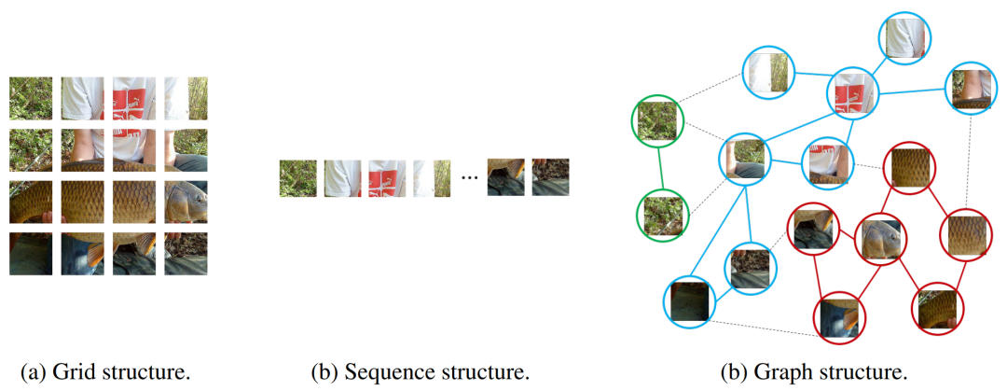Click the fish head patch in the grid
(186, 201)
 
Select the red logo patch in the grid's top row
(134, 97)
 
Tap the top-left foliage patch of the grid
(31, 97)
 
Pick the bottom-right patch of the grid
(186, 252)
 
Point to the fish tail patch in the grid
(31, 201)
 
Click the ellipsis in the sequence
(470, 177)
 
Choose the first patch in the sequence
(298, 177)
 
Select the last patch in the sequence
(550, 177)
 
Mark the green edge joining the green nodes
(660, 168)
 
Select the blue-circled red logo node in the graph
(853, 92)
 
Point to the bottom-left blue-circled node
(690, 301)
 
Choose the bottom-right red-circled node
(935, 309)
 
